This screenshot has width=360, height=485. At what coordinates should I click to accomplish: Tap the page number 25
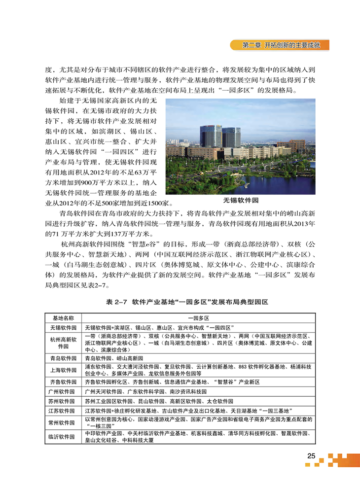pos(311,456)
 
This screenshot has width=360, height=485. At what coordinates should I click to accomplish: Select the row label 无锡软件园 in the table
pos(63,327)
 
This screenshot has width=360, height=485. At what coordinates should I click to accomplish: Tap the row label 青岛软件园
pos(63,358)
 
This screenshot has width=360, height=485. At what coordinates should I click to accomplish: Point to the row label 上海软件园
pos(63,370)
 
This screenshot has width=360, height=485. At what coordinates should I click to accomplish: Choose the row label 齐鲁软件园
pos(63,382)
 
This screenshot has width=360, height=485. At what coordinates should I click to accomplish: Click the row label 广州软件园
pos(63,391)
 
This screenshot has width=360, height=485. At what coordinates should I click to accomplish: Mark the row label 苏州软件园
pos(63,401)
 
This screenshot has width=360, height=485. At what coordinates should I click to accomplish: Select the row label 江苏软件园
pos(63,411)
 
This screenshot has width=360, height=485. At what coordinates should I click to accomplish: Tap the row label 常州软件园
pos(63,423)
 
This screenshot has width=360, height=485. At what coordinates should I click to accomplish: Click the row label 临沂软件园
pos(63,437)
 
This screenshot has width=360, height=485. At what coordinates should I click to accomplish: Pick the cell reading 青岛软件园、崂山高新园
pos(114,358)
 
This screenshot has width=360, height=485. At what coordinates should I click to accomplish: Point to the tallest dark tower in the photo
pos(211,136)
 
